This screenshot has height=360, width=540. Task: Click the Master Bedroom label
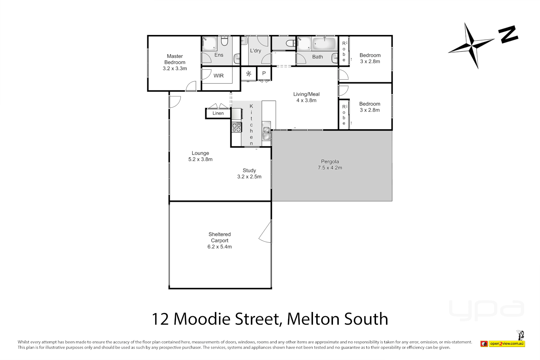175,59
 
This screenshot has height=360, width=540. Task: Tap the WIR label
218,76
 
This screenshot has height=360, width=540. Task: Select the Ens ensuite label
219,55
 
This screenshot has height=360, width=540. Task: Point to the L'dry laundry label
255,51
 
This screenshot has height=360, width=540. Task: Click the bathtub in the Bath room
324,44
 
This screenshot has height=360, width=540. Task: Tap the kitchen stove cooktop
237,127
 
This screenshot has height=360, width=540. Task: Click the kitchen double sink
266,133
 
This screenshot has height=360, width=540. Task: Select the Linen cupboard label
218,113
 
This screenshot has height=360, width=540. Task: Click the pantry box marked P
264,73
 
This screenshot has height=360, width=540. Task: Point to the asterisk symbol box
249,73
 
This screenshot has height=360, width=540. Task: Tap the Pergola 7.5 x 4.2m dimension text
330,168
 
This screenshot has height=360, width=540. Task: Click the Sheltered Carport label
219,237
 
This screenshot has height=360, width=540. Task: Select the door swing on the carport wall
265,232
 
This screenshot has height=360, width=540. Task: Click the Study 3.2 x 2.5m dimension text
249,177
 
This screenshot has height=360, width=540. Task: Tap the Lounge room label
200,153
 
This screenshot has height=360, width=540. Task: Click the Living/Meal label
306,94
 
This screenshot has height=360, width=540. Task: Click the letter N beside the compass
508,34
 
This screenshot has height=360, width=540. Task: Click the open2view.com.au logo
507,343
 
